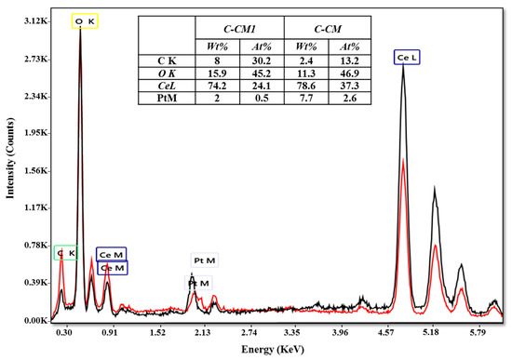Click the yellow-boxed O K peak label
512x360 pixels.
(x=84, y=20)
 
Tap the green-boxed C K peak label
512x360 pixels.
(x=65, y=253)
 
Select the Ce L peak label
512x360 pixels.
(x=407, y=58)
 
